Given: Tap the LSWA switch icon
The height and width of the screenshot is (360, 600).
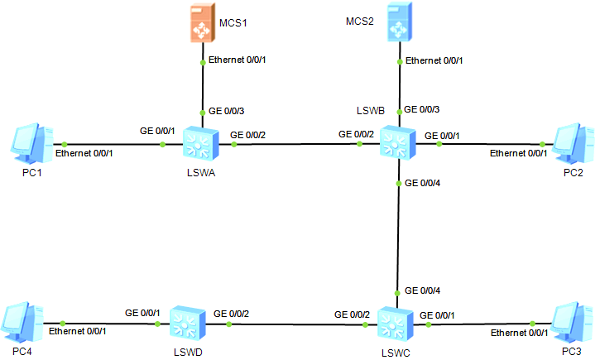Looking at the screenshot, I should pyautogui.click(x=200, y=144).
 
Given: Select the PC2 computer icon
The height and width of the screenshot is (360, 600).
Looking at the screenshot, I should pyautogui.click(x=572, y=142).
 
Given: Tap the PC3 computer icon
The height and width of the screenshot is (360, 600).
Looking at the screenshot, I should pyautogui.click(x=573, y=322).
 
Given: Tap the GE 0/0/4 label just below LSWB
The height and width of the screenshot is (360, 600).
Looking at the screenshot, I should pyautogui.click(x=425, y=183).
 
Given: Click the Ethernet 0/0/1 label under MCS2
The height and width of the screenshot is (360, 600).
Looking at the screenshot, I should pyautogui.click(x=434, y=60).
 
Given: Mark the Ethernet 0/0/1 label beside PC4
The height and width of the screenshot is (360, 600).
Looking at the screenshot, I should pyautogui.click(x=78, y=331).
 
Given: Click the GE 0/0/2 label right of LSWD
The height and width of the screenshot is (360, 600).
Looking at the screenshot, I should pyautogui.click(x=232, y=314).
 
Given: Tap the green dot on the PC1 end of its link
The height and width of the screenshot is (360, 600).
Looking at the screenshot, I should pyautogui.click(x=54, y=144).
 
